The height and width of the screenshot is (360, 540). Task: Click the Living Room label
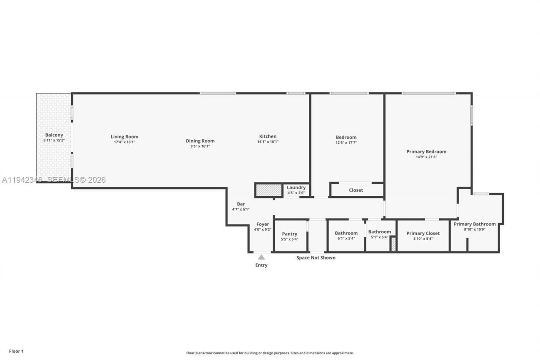point(124,137)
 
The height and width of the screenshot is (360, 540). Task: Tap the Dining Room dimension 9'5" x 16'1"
point(200,146)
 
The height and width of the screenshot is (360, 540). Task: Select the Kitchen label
point(268,136)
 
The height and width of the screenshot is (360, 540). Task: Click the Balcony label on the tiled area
point(54,135)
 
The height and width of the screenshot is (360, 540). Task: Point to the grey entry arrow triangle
point(262,257)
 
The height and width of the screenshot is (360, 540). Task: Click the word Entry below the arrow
point(261,265)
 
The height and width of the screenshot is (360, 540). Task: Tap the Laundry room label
point(296,187)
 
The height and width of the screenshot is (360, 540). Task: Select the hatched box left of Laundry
point(269,190)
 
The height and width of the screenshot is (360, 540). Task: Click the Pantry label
point(289,234)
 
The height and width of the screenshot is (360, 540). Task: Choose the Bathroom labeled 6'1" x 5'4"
point(346,233)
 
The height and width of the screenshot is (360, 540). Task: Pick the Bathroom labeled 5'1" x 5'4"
point(379,232)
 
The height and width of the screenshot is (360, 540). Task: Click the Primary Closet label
point(423,233)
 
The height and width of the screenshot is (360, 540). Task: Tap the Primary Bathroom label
point(475,224)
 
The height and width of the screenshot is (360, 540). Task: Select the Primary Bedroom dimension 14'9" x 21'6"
point(426,157)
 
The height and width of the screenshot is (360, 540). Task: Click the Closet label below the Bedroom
point(356,190)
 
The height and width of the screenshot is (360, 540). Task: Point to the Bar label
point(240,204)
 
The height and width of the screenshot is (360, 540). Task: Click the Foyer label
point(262,224)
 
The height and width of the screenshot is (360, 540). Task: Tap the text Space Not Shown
point(316,257)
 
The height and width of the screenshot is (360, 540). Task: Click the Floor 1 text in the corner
point(16,351)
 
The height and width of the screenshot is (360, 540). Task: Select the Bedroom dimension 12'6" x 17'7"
point(346,143)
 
